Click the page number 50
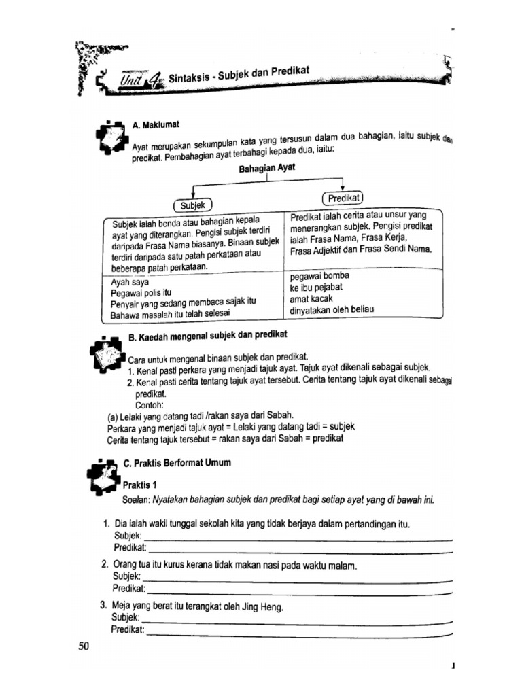point(84,646)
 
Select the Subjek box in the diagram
point(194,204)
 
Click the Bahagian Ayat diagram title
point(268,167)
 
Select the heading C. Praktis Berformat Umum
point(177,462)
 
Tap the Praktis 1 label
point(140,484)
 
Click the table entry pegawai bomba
point(319,276)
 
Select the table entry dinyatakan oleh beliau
point(332,310)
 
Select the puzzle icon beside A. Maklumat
point(111,139)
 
